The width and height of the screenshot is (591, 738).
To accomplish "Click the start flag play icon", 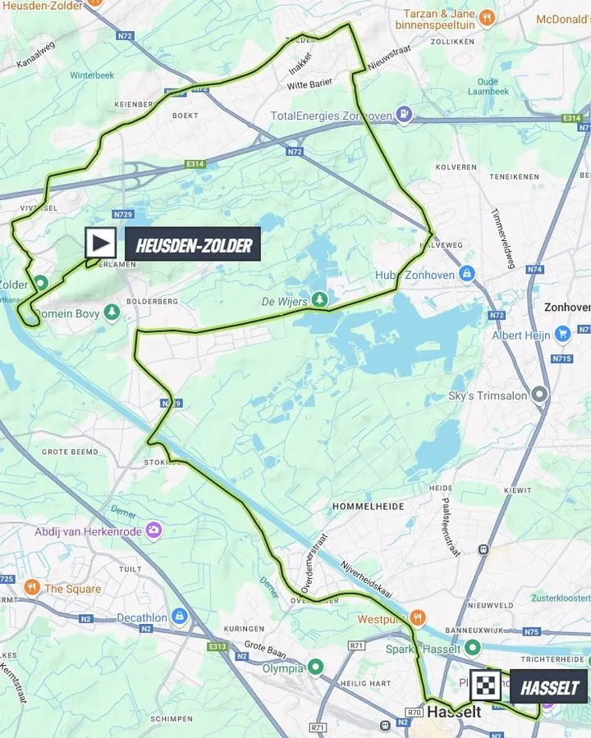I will (x=101, y=244).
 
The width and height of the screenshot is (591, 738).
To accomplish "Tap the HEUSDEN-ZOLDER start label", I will (x=193, y=244).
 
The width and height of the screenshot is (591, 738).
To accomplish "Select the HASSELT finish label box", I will (x=549, y=687).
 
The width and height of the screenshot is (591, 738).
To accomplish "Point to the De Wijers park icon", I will (x=318, y=300).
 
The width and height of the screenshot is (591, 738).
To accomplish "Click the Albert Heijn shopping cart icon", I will (x=562, y=334).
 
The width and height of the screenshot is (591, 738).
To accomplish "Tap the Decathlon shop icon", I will (x=180, y=616).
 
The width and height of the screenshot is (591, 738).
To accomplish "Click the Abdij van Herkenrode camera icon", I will (x=153, y=531).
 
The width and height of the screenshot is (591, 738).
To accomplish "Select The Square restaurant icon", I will (x=31, y=587).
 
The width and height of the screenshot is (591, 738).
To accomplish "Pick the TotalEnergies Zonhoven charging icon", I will (x=404, y=115).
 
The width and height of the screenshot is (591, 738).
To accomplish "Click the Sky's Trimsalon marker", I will (x=539, y=394).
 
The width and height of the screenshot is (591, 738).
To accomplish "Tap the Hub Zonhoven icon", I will (x=467, y=274).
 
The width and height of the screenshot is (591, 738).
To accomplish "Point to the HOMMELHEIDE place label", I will (x=368, y=507).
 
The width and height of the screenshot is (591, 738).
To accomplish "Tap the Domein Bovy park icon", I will (x=112, y=312).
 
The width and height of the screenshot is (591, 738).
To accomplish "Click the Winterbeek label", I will (x=92, y=75).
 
